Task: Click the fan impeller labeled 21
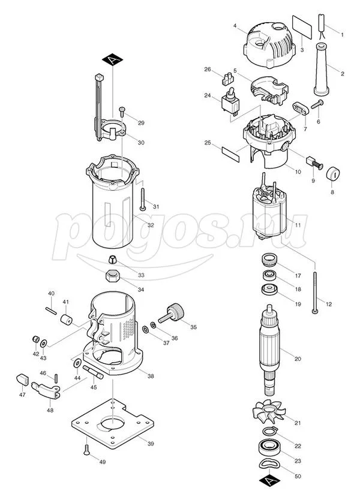click(x=269, y=412)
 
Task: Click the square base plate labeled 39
click(x=113, y=424)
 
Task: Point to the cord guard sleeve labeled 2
click(x=322, y=70)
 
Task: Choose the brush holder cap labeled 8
click(x=333, y=174)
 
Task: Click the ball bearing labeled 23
click(x=269, y=447)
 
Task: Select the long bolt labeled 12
click(x=315, y=292)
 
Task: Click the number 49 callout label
click(x=102, y=462)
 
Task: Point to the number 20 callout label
click(x=298, y=359)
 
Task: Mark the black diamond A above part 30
click(x=113, y=59)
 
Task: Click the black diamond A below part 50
click(x=270, y=481)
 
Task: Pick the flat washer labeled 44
click(x=77, y=363)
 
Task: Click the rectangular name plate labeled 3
click(x=302, y=27)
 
